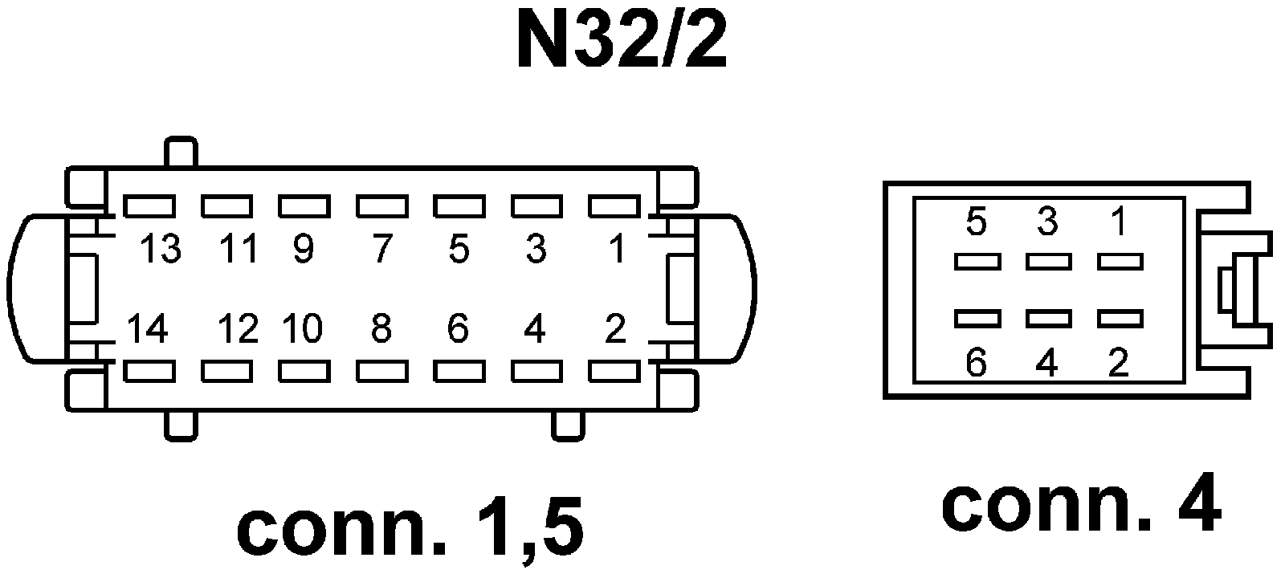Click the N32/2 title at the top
click(x=621, y=40)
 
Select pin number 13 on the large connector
click(x=161, y=250)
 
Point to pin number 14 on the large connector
click(x=148, y=329)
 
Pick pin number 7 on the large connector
click(x=381, y=250)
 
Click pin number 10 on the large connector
click(x=303, y=329)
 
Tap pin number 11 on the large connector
click(x=239, y=250)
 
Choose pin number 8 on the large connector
click(x=381, y=329)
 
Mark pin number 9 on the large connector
click(x=303, y=250)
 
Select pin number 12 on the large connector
click(x=239, y=329)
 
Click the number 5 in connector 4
click(x=976, y=222)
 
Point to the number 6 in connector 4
click(x=976, y=364)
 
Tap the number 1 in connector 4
click(x=1119, y=222)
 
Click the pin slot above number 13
click(x=149, y=206)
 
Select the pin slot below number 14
click(x=149, y=371)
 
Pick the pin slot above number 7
click(x=382, y=206)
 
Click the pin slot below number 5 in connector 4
click(x=977, y=261)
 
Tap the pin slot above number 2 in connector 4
click(x=1120, y=319)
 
